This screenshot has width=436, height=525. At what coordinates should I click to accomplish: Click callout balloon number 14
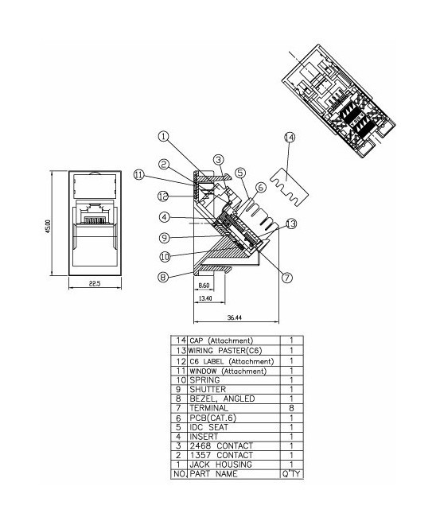point(290,138)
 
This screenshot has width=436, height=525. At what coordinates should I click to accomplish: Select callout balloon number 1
point(163,136)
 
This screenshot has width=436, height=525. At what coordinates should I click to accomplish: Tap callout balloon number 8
point(163,278)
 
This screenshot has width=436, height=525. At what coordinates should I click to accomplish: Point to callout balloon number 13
point(291,224)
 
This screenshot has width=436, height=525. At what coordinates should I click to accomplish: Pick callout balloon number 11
point(138,175)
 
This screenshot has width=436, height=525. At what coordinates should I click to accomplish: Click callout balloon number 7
point(287,278)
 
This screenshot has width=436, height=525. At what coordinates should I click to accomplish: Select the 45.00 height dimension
point(48,227)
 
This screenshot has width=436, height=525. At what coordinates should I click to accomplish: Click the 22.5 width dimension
point(95,284)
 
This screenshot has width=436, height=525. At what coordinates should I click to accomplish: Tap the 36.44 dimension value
point(235,317)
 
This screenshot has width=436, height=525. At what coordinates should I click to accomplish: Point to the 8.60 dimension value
point(204,286)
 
